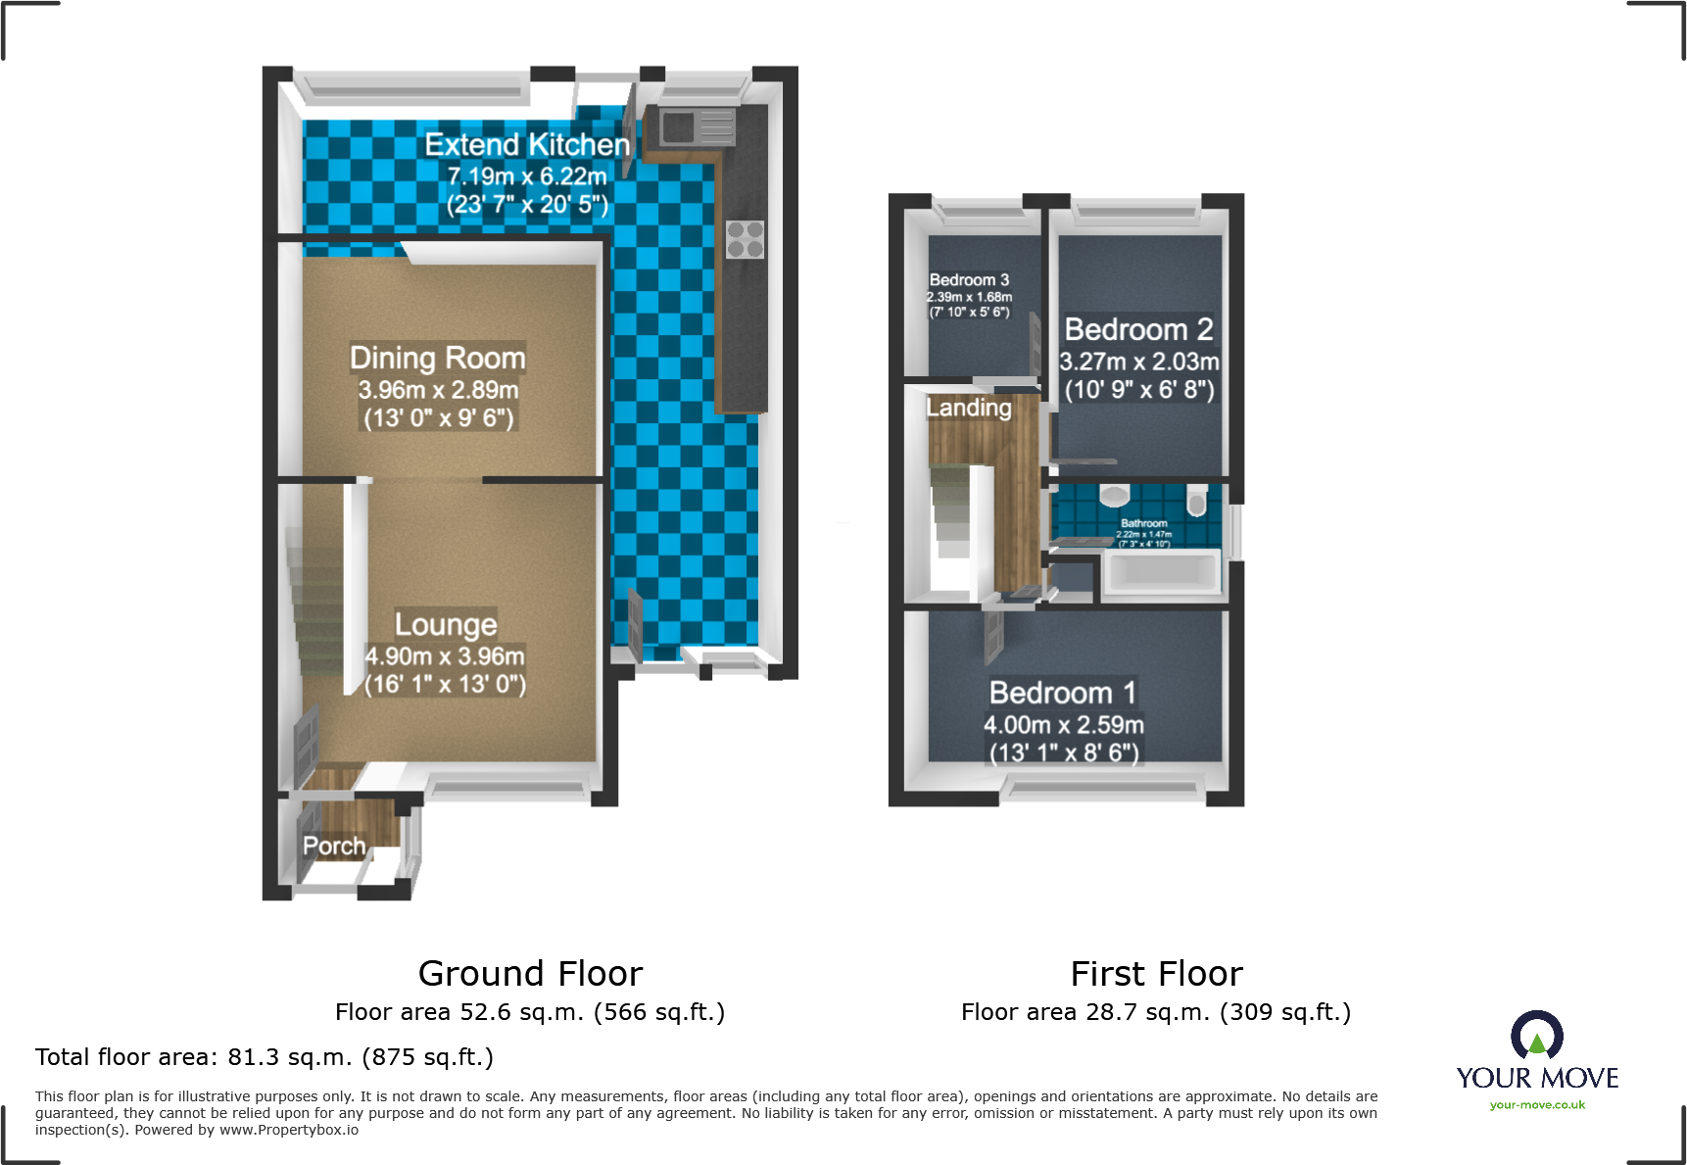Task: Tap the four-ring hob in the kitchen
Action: (x=745, y=239)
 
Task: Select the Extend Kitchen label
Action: (x=527, y=145)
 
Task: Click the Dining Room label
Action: (x=438, y=358)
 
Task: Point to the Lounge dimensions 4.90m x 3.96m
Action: (x=445, y=655)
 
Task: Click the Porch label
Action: (x=334, y=846)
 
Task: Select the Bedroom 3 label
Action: (x=969, y=280)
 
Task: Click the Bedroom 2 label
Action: (x=1138, y=329)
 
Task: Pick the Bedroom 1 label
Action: (x=1063, y=693)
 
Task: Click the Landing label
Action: (x=969, y=408)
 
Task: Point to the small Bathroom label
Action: (x=1144, y=523)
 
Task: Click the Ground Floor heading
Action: (x=530, y=973)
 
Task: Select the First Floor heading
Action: (x=1156, y=973)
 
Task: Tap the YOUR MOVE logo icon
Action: (x=1537, y=1035)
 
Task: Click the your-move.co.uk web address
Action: (x=1537, y=1105)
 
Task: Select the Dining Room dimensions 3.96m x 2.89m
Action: (x=438, y=390)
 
